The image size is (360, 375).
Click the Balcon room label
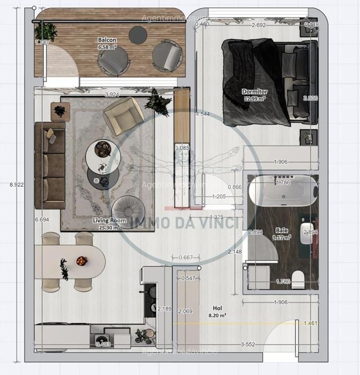(x=107, y=40)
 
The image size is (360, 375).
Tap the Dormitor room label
(x=255, y=92)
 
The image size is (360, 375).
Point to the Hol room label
(x=217, y=309)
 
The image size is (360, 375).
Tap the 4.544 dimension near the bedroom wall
(x=202, y=114)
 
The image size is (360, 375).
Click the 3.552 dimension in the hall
(x=248, y=344)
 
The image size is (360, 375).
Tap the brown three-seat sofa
(x=50, y=165)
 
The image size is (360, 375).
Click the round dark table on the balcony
(x=138, y=35)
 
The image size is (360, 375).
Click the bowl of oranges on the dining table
(x=82, y=261)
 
